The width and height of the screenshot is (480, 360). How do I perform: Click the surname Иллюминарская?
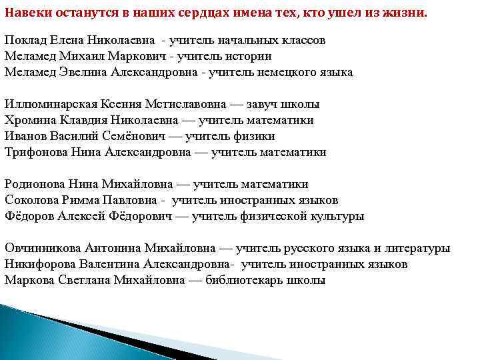[x=51, y=105]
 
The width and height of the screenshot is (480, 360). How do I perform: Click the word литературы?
[x=417, y=249]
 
